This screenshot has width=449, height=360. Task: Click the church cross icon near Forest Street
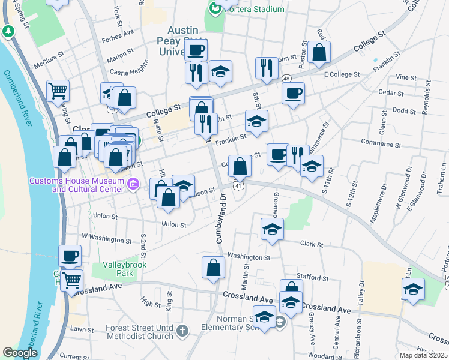click(182, 330)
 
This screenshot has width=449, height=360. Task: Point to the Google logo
click(20, 353)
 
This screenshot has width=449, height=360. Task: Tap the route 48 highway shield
click(286, 79)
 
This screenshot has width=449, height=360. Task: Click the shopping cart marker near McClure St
click(58, 91)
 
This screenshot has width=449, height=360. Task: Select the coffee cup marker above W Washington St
click(70, 256)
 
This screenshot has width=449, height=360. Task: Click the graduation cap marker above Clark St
click(272, 229)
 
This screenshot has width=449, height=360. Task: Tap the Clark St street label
click(312, 245)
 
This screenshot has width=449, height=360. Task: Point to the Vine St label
click(406, 78)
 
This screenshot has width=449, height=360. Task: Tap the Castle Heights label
click(128, 71)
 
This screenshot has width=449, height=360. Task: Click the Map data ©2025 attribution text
click(423, 355)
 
